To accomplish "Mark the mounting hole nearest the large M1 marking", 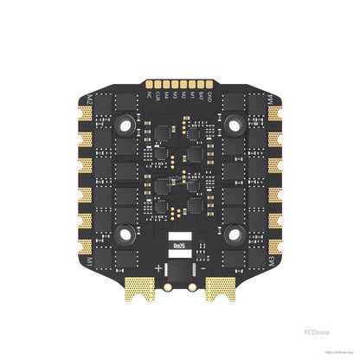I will click(126, 232).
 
